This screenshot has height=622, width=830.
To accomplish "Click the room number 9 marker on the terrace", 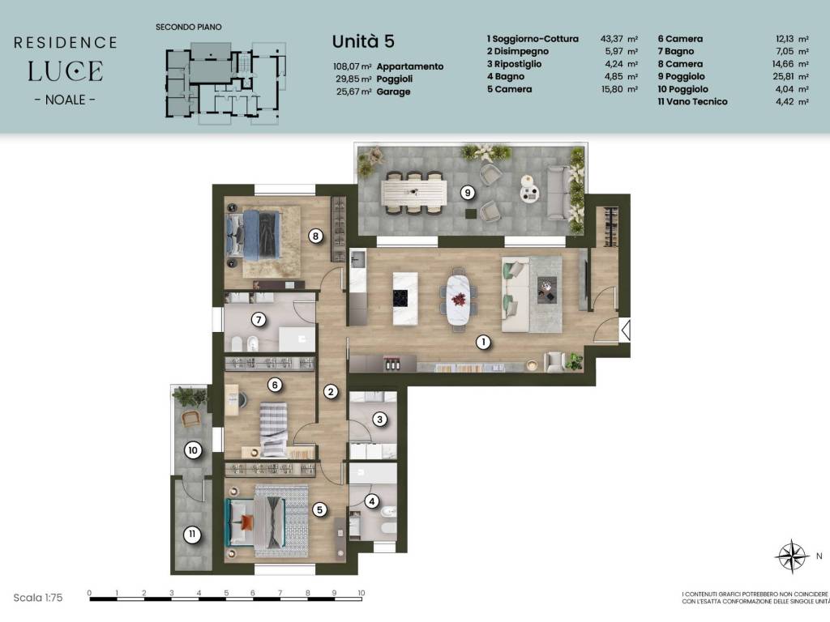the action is click(x=468, y=193).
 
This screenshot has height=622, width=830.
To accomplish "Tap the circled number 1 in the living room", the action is click(x=483, y=343).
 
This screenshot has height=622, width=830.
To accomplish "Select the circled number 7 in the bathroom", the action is click(x=259, y=319).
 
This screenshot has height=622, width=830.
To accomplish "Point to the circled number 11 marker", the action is click(x=192, y=535).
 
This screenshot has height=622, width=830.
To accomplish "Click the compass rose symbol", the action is click(x=791, y=556).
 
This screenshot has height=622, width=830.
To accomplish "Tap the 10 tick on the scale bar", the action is click(x=362, y=593).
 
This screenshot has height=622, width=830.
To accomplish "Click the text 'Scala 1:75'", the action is click(x=38, y=598).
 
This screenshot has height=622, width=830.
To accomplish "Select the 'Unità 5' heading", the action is click(x=363, y=41).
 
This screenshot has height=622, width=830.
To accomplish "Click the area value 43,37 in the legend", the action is click(x=611, y=39).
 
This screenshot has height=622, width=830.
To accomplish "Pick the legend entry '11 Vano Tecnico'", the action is click(x=692, y=101).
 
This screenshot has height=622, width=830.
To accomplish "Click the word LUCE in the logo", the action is click(x=65, y=71).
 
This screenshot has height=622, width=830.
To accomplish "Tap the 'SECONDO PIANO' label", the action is click(x=188, y=27).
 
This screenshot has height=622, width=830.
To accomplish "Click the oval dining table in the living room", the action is click(x=459, y=300).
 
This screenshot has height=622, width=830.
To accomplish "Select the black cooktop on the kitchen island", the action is click(x=400, y=298).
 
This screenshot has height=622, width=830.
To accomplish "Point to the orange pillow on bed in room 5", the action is click(x=246, y=522).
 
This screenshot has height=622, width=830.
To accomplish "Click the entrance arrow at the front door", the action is click(x=625, y=330).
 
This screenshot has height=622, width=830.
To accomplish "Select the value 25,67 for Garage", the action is click(x=347, y=92).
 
